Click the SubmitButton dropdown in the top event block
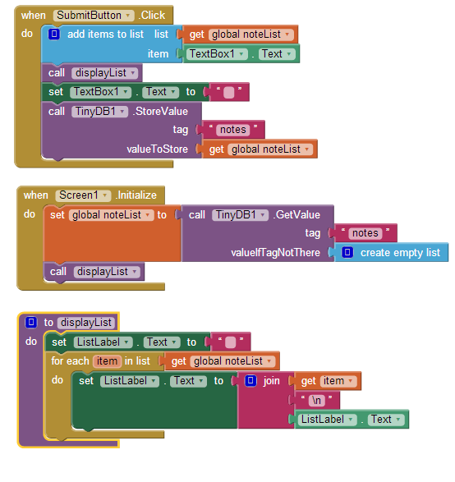[94, 16]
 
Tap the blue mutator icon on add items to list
[54, 34]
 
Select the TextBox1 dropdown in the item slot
[217, 54]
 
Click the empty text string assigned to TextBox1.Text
[229, 92]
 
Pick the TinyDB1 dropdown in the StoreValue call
[99, 112]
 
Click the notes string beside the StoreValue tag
[233, 130]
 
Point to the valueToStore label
[157, 149]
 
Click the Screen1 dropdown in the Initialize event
[83, 195]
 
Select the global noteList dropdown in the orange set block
[112, 215]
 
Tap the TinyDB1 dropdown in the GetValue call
[240, 215]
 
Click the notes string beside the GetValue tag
[365, 233]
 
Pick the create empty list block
[392, 253]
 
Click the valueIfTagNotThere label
[275, 253]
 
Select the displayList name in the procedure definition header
[86, 323]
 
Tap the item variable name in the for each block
[107, 361]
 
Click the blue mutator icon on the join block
[250, 381]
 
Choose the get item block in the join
[328, 381]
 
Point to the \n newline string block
[317, 401]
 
